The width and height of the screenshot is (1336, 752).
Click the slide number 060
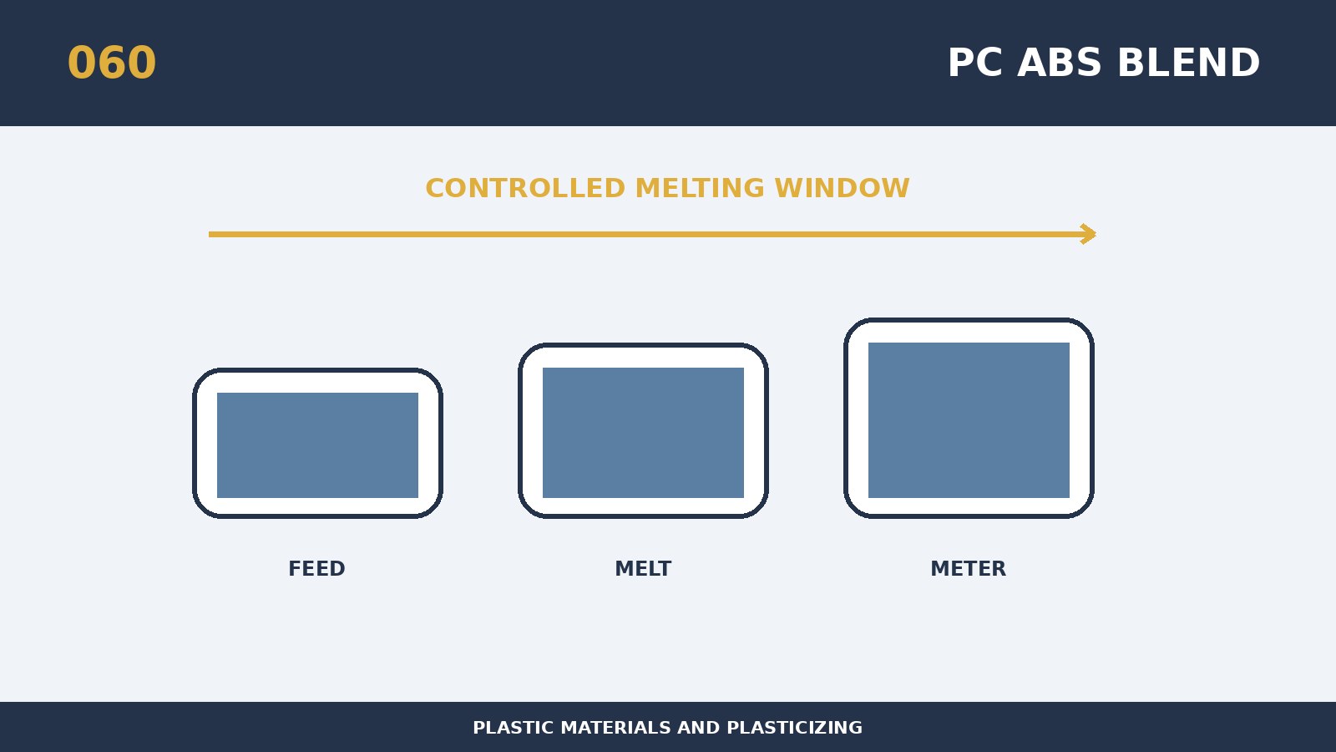click(x=112, y=63)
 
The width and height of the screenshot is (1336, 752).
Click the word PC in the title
click(x=974, y=63)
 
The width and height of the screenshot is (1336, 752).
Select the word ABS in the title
click(x=1059, y=63)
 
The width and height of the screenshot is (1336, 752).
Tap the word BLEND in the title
click(x=1189, y=63)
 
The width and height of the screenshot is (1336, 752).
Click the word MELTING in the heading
click(x=700, y=189)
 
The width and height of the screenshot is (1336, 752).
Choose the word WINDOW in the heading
click(x=843, y=189)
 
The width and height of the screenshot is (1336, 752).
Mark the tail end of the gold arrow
click(x=210, y=235)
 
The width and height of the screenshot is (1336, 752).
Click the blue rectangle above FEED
click(x=317, y=445)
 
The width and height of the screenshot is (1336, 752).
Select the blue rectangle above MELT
click(x=643, y=433)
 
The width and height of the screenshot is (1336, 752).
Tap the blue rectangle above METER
click(x=969, y=420)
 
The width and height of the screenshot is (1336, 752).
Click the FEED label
click(x=316, y=569)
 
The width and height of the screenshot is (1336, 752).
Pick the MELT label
click(x=643, y=569)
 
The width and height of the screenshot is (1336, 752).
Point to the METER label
click(x=968, y=569)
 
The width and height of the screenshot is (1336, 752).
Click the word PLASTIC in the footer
click(x=514, y=728)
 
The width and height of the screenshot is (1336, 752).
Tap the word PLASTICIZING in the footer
click(x=794, y=728)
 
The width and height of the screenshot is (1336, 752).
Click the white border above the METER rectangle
click(x=969, y=333)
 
